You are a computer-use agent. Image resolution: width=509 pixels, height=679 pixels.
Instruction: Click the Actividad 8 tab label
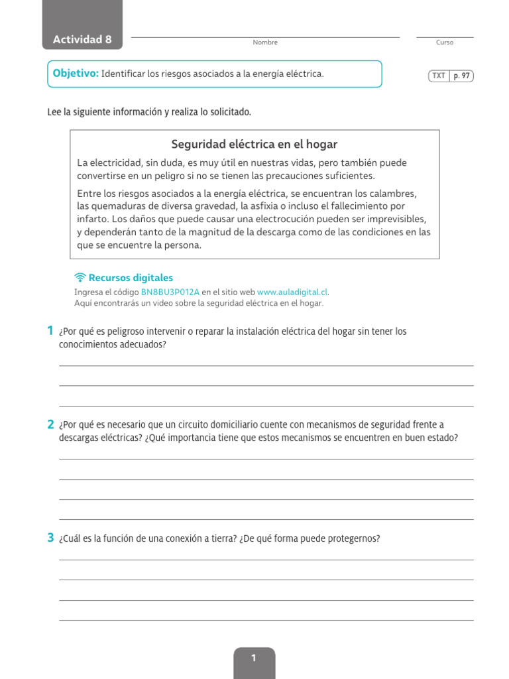(82, 39)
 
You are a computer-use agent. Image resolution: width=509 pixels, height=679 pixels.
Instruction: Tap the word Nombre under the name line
(265, 42)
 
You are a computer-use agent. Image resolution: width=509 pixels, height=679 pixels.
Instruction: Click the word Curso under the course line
(445, 42)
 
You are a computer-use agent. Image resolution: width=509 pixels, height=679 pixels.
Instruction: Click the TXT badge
(439, 76)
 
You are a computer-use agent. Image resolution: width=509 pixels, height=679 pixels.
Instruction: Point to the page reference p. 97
(461, 76)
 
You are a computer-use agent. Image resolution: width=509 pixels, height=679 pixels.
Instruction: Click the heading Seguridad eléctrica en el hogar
(254, 144)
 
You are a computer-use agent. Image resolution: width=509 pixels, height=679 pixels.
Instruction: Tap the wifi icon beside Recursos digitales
(80, 278)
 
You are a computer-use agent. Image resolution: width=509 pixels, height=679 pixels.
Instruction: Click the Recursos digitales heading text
(131, 278)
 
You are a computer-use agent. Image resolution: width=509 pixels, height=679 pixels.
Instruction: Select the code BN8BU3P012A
(170, 292)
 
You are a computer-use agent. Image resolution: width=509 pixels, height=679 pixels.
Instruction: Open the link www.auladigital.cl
(292, 292)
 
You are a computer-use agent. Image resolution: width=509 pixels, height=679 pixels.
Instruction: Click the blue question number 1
(50, 330)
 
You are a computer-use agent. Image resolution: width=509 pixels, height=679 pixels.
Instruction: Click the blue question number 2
(50, 424)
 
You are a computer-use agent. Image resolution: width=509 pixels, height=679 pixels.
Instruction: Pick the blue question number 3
(50, 538)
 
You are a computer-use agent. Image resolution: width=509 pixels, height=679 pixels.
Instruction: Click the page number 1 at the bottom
(254, 658)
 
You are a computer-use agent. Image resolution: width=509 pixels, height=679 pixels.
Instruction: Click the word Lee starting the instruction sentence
(54, 112)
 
